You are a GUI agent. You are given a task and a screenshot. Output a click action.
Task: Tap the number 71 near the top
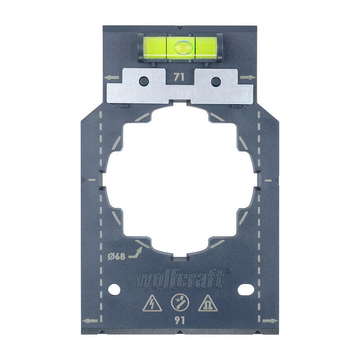(x=179, y=77)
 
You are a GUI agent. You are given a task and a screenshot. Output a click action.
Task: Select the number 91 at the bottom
(x=180, y=321)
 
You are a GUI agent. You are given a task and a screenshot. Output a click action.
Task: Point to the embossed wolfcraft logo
(x=179, y=280)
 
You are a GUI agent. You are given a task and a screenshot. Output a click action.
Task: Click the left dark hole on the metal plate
(x=144, y=81)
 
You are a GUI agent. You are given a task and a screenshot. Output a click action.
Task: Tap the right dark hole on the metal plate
(x=216, y=81)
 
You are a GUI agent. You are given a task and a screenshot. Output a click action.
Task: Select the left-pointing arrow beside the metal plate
(x=113, y=78)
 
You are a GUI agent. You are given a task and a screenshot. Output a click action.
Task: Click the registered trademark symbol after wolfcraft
(x=227, y=271)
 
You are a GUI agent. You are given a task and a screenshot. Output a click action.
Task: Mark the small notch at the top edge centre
(x=180, y=27)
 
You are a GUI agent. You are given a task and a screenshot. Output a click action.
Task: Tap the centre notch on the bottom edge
(x=180, y=333)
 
